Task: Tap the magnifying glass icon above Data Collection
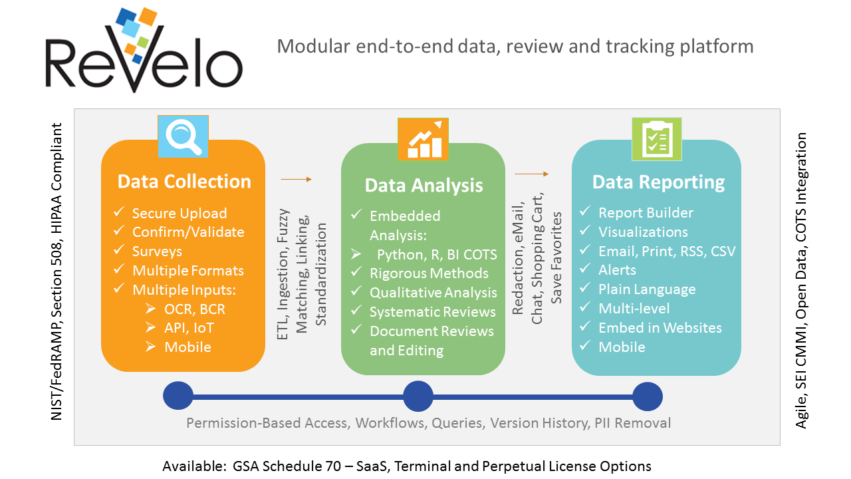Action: point(183,136)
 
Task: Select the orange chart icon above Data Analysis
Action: point(423,139)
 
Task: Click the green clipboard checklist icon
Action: point(658,140)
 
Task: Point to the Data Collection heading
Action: point(184,182)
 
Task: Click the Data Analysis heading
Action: point(424,185)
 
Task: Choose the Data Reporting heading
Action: point(658,182)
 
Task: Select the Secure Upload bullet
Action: point(180,213)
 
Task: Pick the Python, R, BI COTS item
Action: point(437,255)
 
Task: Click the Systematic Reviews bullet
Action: point(432,312)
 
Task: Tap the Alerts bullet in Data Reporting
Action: point(617,270)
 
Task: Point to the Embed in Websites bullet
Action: point(660,327)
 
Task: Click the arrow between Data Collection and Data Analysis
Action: point(296,179)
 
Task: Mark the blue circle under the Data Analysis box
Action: point(418,397)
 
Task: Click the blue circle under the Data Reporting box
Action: point(647,397)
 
